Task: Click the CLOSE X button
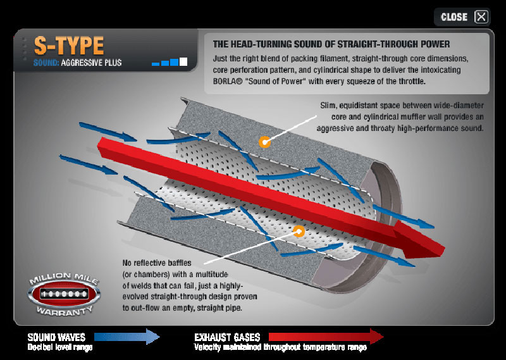point(481,17)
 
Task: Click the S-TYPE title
point(70,46)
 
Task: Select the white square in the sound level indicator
point(183,61)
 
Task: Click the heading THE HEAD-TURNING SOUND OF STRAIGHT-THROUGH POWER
point(331,44)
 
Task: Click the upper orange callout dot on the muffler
point(264,142)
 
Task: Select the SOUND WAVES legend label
point(56,337)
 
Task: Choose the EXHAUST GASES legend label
point(225,337)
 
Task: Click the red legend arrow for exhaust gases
point(326,337)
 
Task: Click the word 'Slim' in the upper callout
point(330,106)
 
